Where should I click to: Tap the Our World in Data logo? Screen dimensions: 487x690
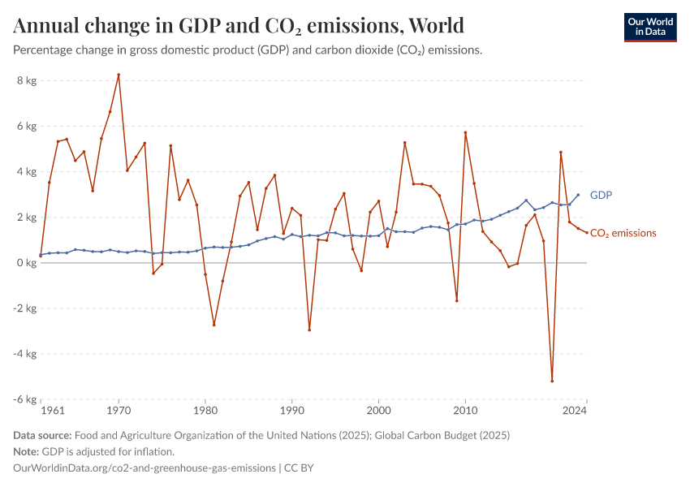pyautogui.click(x=649, y=27)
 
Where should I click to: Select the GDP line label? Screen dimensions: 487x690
pyautogui.click(x=601, y=196)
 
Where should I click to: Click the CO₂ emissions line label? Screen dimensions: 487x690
pyautogui.click(x=623, y=233)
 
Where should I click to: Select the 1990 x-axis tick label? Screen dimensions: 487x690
pyautogui.click(x=291, y=412)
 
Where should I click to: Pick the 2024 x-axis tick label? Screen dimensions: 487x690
pyautogui.click(x=575, y=412)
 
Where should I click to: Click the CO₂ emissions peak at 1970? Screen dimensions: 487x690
pyautogui.click(x=119, y=75)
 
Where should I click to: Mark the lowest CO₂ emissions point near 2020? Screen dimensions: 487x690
pyautogui.click(x=552, y=381)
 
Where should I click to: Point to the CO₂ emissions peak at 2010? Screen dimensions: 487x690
pyautogui.click(x=465, y=132)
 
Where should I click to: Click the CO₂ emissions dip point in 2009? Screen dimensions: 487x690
pyautogui.click(x=457, y=301)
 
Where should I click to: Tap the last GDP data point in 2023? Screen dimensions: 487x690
pyautogui.click(x=578, y=195)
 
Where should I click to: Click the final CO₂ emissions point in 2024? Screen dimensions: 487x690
pyautogui.click(x=587, y=233)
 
